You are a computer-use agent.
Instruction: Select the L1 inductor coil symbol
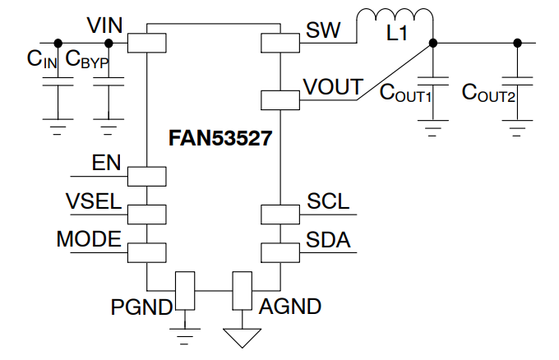[x=395, y=23]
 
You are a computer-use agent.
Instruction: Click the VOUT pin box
[x=280, y=100]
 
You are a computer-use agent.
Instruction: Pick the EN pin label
[x=106, y=162]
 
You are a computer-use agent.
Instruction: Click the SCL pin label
[x=328, y=201]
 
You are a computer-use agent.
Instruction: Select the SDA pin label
[x=328, y=240]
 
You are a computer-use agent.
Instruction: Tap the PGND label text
[x=141, y=307]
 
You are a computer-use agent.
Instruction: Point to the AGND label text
[x=290, y=307]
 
